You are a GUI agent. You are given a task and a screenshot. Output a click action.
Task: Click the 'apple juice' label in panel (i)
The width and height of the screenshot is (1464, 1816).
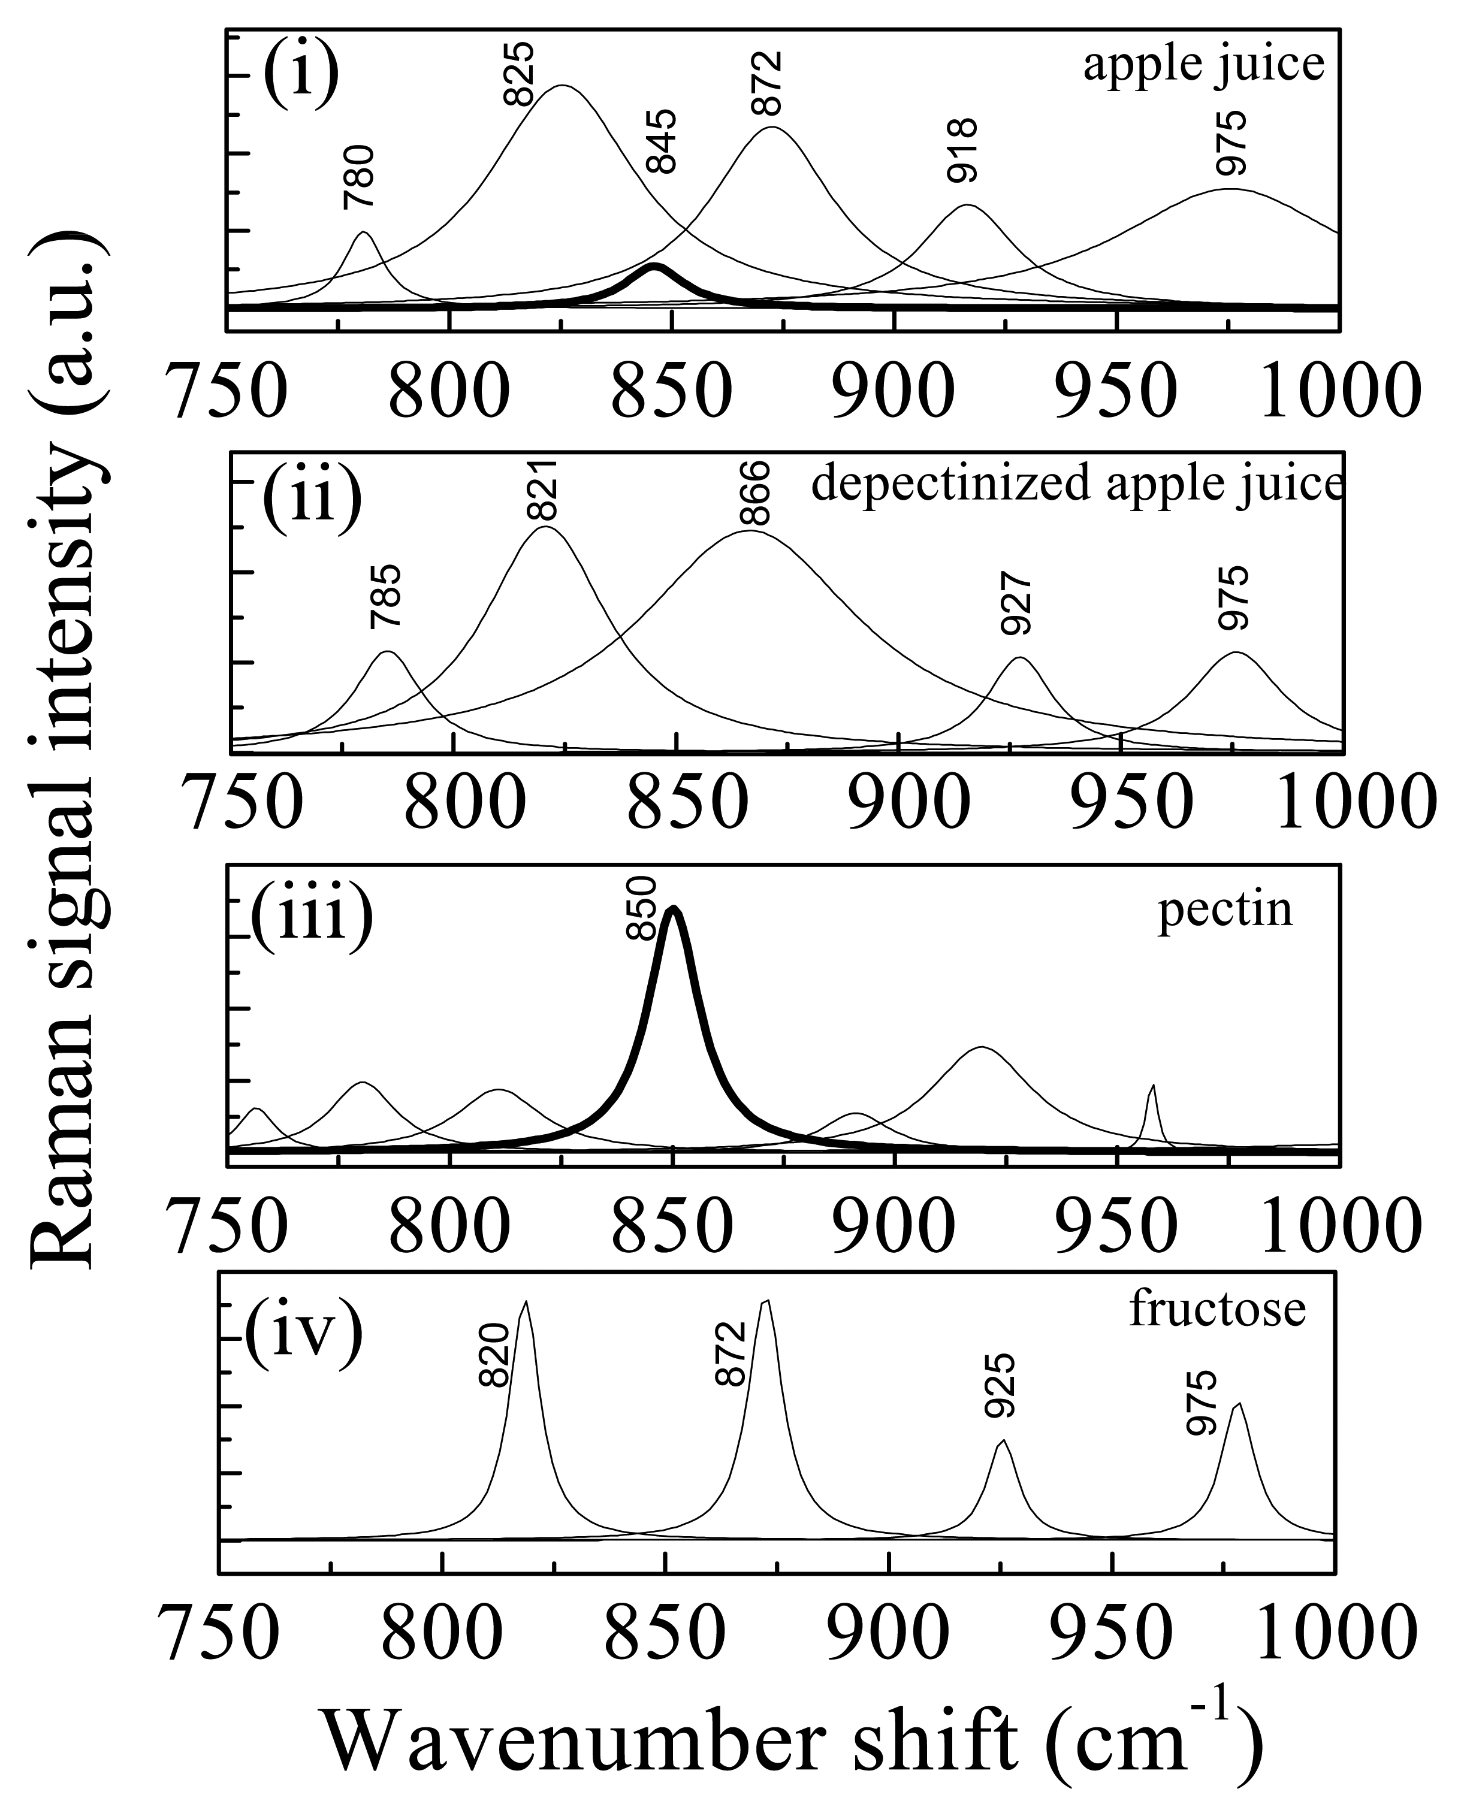click(x=1203, y=66)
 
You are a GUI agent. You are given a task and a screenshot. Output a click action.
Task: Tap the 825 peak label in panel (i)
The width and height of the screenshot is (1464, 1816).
click(x=518, y=74)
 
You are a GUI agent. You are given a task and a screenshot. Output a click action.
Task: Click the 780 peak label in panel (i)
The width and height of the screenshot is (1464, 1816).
click(x=358, y=177)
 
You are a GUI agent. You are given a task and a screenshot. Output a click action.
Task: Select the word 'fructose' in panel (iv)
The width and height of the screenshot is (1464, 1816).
click(x=1217, y=1310)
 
